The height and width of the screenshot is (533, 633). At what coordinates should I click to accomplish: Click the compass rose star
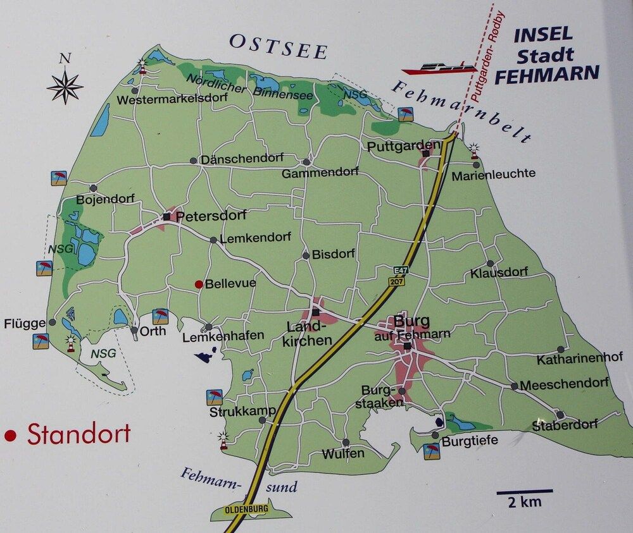[65, 86]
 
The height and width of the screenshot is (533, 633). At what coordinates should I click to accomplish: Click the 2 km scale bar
[524, 491]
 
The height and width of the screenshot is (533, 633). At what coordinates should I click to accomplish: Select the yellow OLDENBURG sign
[246, 508]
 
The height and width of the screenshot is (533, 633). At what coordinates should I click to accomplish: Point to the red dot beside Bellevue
[199, 285]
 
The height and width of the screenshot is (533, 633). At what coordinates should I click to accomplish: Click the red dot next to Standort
[9, 436]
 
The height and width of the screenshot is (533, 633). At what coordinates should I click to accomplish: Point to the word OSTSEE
[278, 46]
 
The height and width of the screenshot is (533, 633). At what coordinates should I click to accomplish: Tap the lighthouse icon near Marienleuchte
[474, 150]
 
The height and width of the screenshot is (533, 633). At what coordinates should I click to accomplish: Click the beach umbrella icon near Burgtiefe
[432, 451]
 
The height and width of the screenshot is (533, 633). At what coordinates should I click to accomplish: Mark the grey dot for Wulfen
[346, 443]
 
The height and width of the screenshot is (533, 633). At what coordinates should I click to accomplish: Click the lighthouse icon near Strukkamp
[223, 439]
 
